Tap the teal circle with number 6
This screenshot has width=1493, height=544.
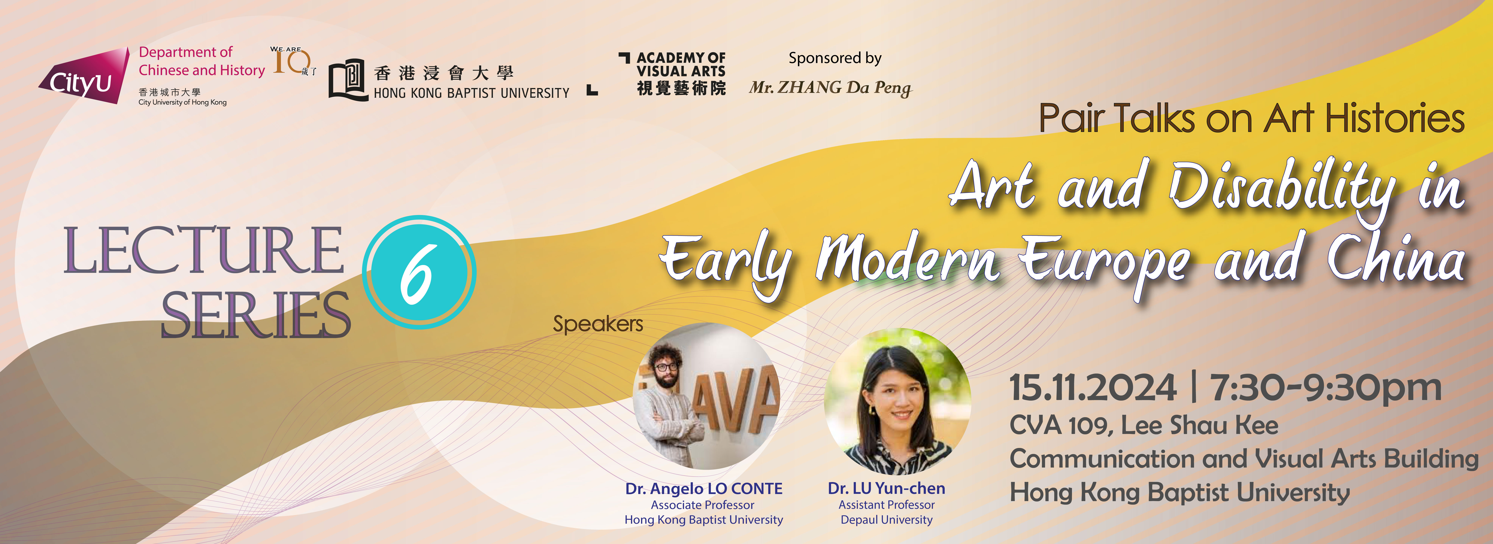click(419, 272)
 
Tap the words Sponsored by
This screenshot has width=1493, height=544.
click(835, 58)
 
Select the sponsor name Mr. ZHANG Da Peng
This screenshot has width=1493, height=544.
click(830, 87)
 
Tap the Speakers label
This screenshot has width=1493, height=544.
click(598, 324)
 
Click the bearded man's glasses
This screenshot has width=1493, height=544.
click(666, 367)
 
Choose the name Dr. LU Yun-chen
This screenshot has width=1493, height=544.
click(886, 488)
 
